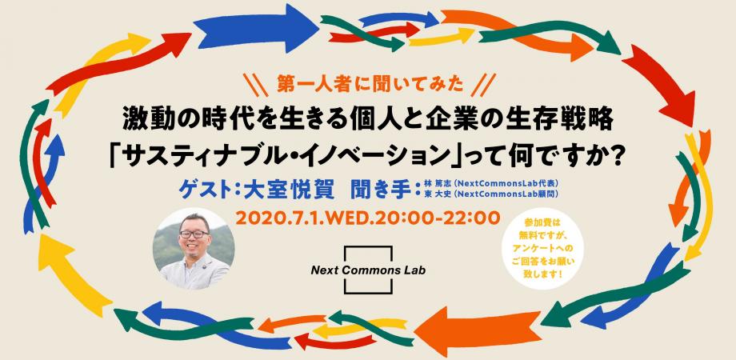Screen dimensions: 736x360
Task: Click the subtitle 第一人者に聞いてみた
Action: [x=367, y=84]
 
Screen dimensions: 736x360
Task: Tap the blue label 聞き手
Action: [x=381, y=191]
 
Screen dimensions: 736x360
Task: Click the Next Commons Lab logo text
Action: [x=368, y=270]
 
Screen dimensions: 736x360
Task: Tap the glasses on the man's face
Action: [x=194, y=234]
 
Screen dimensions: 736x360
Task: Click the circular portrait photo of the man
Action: [x=194, y=248]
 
